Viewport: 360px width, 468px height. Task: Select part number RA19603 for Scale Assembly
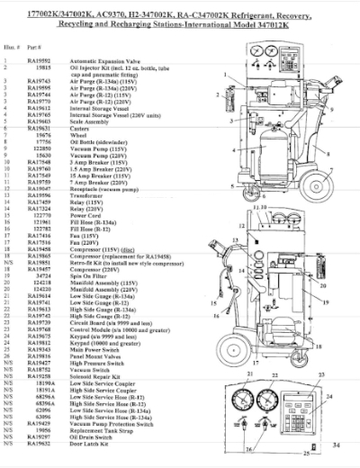pyautogui.click(x=39, y=130)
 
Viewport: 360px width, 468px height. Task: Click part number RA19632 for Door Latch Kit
pyautogui.click(x=39, y=444)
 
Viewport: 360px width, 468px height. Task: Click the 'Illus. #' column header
pyautogui.click(x=12, y=49)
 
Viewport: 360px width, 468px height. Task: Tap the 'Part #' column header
pyautogui.click(x=38, y=49)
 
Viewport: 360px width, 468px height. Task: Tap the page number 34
pyautogui.click(x=336, y=444)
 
